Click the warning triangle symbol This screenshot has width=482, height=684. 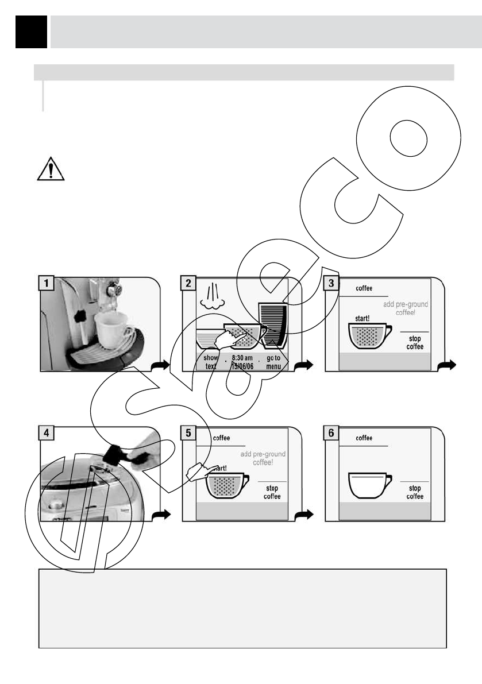[x=50, y=168]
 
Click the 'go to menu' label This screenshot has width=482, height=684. [x=273, y=362]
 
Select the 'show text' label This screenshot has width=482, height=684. [x=211, y=362]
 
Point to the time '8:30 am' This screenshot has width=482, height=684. [x=242, y=358]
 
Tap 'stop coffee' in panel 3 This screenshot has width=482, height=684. [x=415, y=343]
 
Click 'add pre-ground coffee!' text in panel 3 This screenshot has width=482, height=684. [x=406, y=308]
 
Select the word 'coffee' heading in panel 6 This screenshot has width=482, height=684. [x=364, y=438]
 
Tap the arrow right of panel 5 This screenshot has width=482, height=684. [x=306, y=515]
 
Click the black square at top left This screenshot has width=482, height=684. [x=31, y=32]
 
